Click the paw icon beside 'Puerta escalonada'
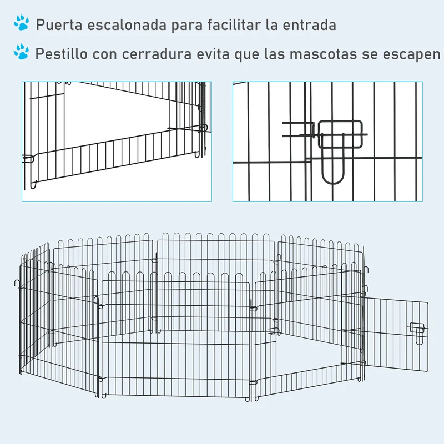(22, 23)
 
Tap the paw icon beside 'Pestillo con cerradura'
(21, 52)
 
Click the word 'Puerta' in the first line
(59, 25)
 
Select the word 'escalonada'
(127, 25)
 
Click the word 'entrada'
(310, 25)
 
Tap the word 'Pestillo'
(62, 53)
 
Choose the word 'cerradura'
(157, 54)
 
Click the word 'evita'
(213, 54)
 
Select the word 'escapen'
(411, 54)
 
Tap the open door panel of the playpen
(396, 334)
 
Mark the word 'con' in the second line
(105, 54)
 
